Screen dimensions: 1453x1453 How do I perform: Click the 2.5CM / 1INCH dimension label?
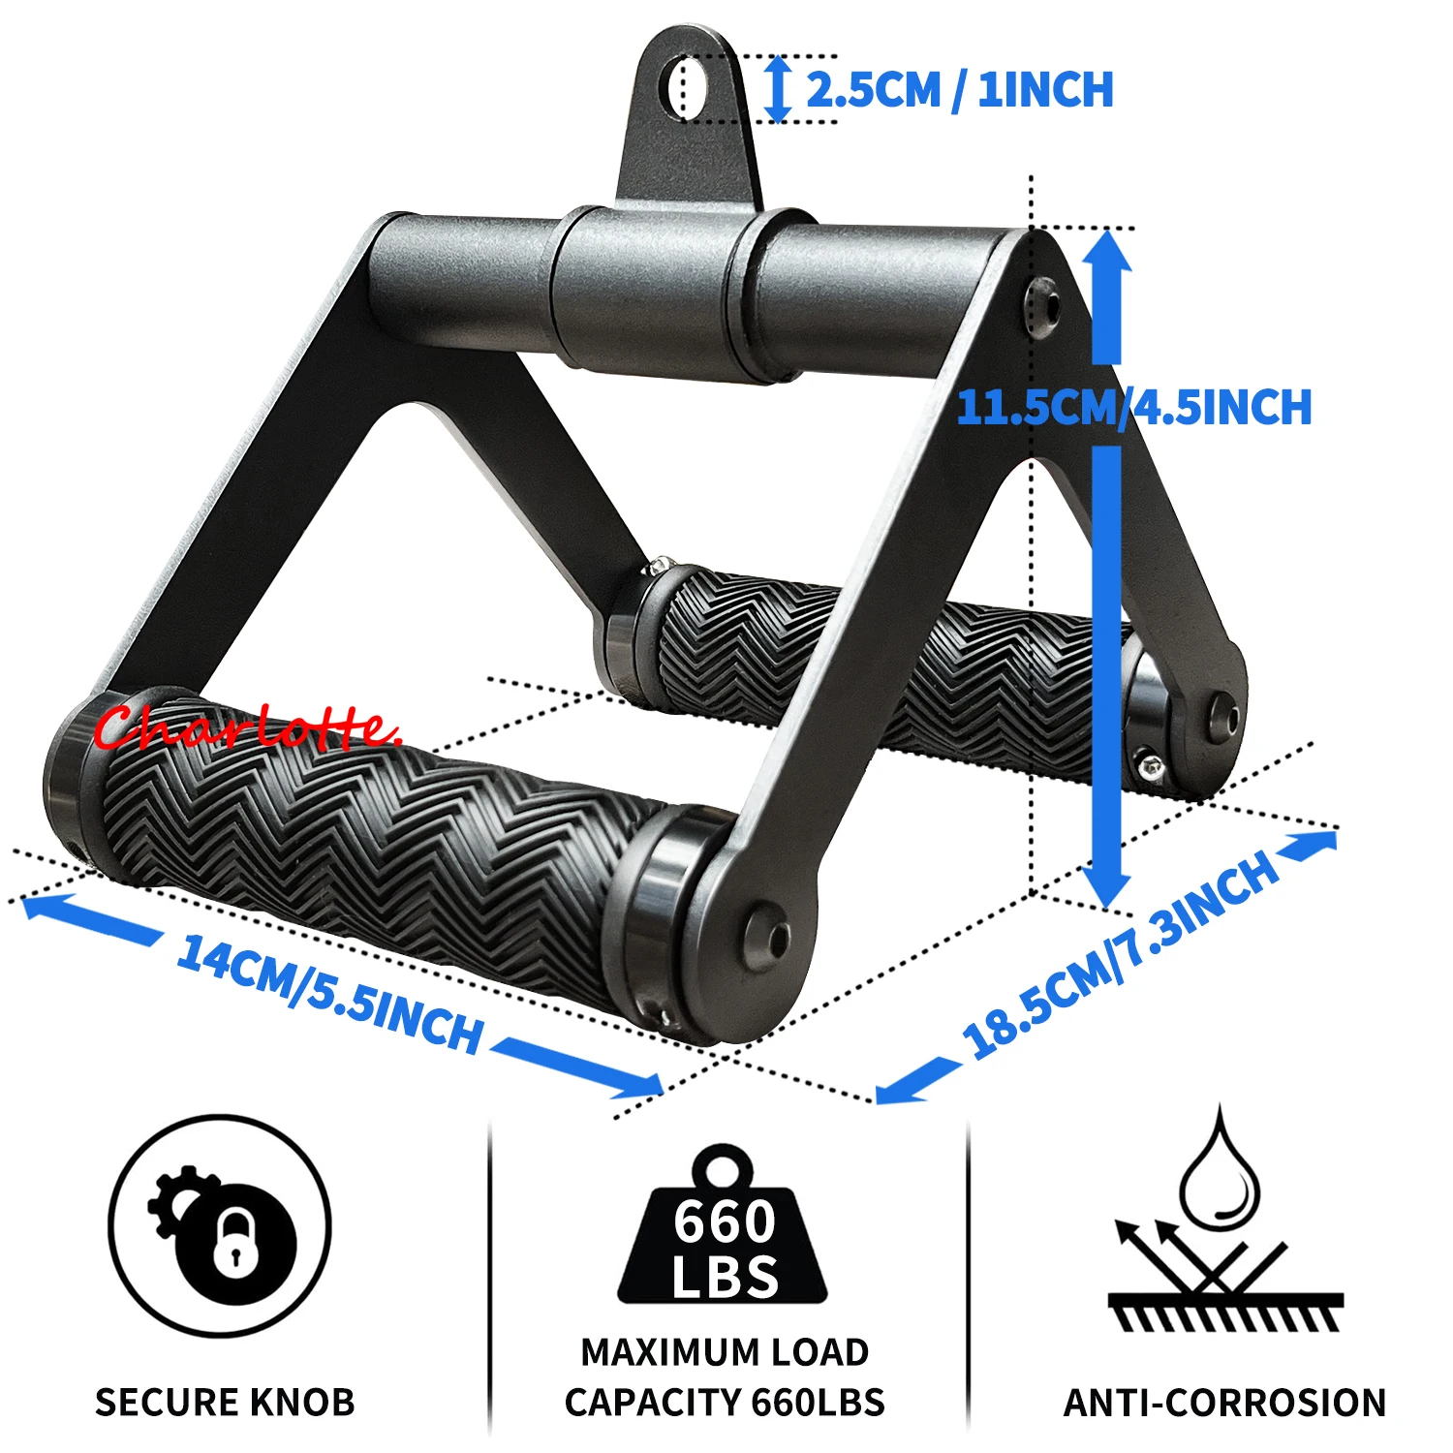960,90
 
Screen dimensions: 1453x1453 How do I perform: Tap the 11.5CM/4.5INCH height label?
1134,407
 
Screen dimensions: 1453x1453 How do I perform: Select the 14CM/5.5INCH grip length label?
330,994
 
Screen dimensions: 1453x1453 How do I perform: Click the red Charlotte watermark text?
247,726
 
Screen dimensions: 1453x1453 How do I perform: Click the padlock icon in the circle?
232,1244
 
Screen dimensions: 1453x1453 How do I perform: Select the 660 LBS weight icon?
724,1224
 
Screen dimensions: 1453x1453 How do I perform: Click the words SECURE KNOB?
225,1402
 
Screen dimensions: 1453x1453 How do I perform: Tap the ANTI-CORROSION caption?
1224,1402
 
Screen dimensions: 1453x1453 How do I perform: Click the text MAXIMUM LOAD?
725,1352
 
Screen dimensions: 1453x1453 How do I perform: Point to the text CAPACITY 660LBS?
725,1402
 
